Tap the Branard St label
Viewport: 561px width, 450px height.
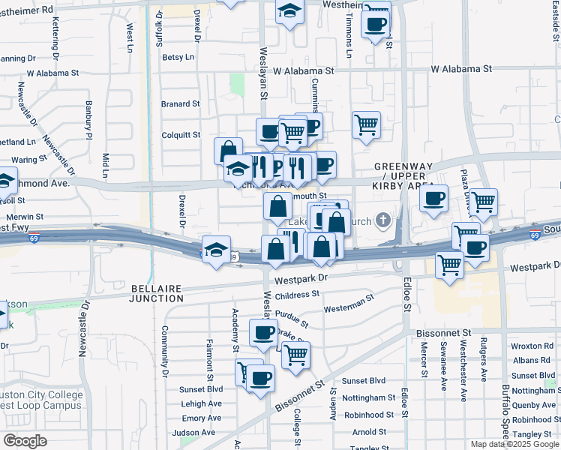click(181, 104)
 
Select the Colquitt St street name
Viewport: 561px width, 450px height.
click(181, 136)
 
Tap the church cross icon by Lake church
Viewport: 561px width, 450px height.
click(383, 220)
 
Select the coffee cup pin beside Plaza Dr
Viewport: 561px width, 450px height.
click(433, 199)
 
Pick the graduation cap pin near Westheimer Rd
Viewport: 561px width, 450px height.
click(289, 12)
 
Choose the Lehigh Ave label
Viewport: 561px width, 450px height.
click(201, 403)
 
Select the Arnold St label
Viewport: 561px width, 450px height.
click(369, 432)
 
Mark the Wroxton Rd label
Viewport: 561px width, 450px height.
click(532, 346)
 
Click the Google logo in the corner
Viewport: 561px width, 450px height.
click(25, 441)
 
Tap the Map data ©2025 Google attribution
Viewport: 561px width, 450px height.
click(514, 444)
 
